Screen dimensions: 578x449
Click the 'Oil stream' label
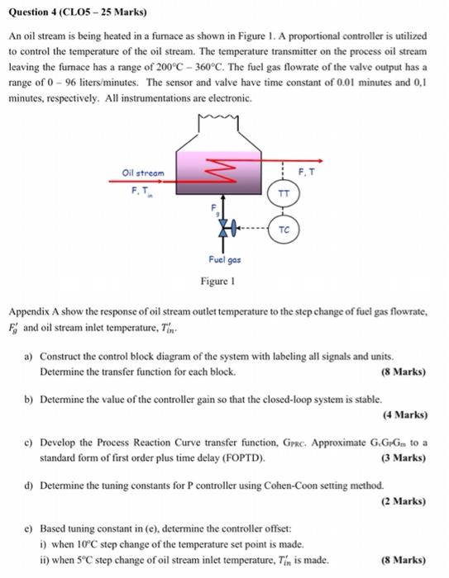click(142, 173)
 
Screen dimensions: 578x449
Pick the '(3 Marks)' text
click(405, 457)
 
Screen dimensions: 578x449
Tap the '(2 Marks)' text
click(405, 500)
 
